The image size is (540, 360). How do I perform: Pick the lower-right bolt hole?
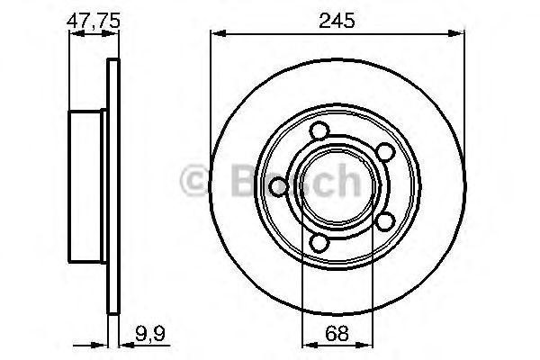point(384,220)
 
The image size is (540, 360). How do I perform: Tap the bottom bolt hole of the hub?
point(319,242)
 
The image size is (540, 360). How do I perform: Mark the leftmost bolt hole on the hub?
point(278,186)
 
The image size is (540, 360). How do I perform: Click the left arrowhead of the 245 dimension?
point(216,35)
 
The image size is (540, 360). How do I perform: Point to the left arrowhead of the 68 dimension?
point(306,342)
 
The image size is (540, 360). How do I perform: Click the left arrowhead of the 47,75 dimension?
point(75,35)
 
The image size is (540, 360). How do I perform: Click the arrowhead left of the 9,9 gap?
point(102,342)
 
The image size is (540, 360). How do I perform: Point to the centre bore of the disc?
point(332,186)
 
